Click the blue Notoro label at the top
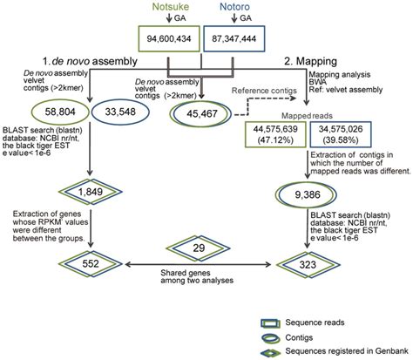tap(247, 9)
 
